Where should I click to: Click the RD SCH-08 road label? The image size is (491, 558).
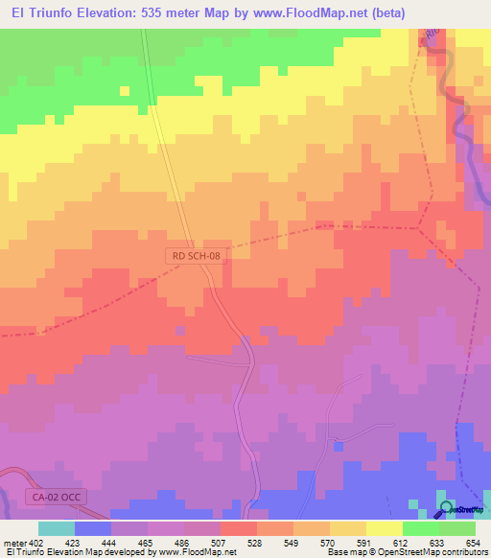point(197,256)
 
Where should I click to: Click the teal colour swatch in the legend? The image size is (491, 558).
point(56,528)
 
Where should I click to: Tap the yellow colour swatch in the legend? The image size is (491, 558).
point(384,528)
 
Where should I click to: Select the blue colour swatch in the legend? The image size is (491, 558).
point(92,528)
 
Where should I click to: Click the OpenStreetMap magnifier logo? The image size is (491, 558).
point(446,508)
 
